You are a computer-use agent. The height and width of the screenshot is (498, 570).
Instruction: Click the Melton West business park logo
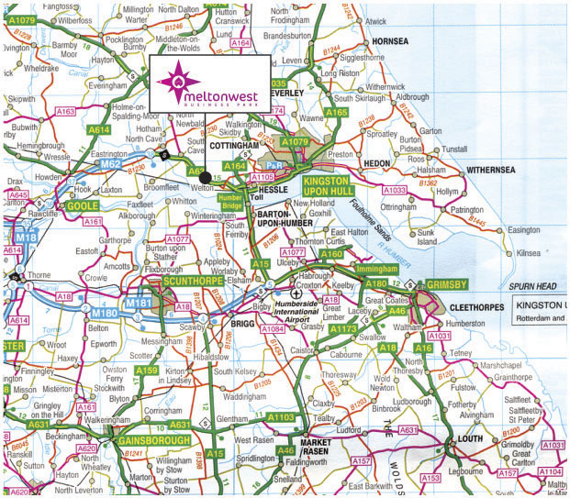click(207, 85)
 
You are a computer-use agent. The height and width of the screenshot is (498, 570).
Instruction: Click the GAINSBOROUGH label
click(153, 440)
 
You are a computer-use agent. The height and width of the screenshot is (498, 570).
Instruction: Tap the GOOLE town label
click(83, 206)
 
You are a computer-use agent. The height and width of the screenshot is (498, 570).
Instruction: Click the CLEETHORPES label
click(486, 309)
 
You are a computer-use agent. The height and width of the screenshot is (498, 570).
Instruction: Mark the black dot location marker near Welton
click(207, 176)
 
